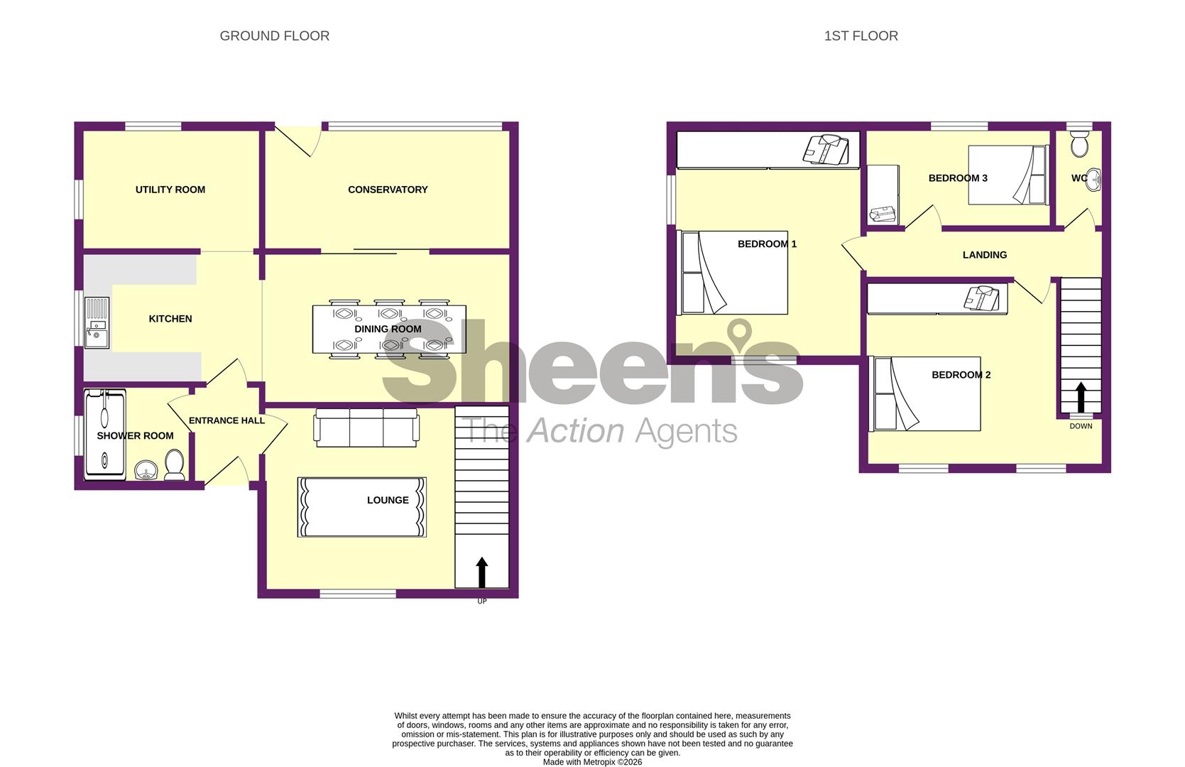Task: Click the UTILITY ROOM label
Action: pyautogui.click(x=170, y=190)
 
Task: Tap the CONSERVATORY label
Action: pyautogui.click(x=388, y=190)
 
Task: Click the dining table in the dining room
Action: pyautogui.click(x=389, y=329)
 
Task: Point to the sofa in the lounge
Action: pyautogui.click(x=366, y=427)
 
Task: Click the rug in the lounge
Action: pyautogui.click(x=361, y=507)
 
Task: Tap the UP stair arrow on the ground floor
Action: pyautogui.click(x=482, y=572)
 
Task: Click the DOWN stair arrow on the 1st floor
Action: pyautogui.click(x=1081, y=398)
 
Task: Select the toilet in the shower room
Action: pyautogui.click(x=175, y=466)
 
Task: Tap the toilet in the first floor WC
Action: pyautogui.click(x=1080, y=145)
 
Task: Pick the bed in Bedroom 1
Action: pyautogui.click(x=734, y=273)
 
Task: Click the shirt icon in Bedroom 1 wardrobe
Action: pyautogui.click(x=821, y=150)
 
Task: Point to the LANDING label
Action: pyautogui.click(x=984, y=255)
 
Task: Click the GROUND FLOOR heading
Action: pyautogui.click(x=274, y=36)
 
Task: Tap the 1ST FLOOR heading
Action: pyautogui.click(x=861, y=36)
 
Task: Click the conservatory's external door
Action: pyautogui.click(x=297, y=141)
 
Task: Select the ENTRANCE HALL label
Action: pyautogui.click(x=226, y=420)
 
